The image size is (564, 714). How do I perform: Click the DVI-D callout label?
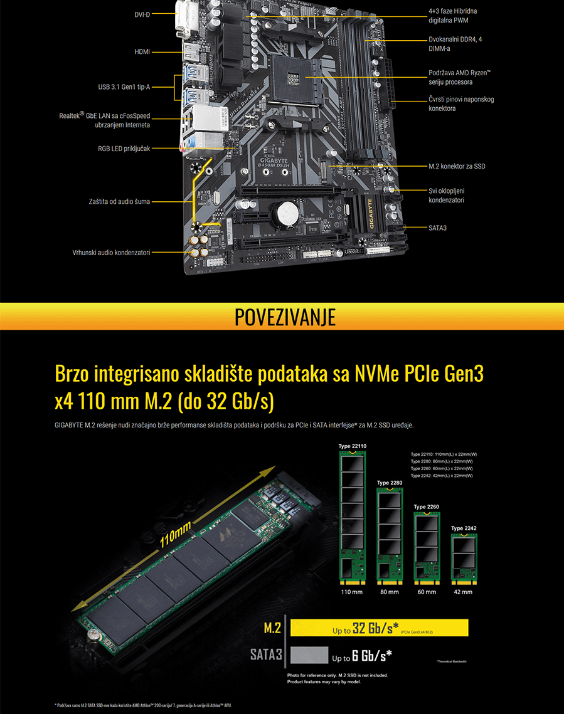142,14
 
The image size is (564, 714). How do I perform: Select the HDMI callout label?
142,51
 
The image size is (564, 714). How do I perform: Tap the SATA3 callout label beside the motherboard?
437,228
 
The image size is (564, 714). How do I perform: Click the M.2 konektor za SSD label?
457,166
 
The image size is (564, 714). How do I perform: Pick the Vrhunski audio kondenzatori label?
111,253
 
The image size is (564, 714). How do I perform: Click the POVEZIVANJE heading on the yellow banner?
285,317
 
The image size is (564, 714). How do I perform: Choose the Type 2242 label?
464,528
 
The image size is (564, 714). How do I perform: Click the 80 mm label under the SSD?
389,592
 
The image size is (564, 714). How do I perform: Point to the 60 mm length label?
427,592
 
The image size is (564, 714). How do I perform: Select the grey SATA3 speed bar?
309,655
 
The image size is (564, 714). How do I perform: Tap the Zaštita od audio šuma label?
119,202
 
